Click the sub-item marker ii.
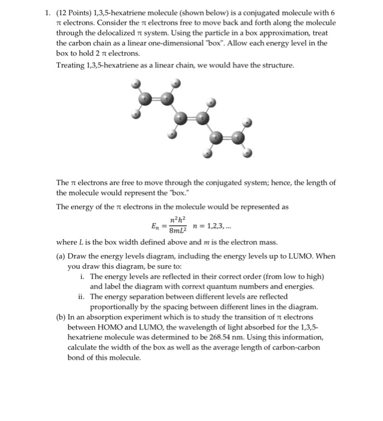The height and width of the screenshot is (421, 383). point(81,297)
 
